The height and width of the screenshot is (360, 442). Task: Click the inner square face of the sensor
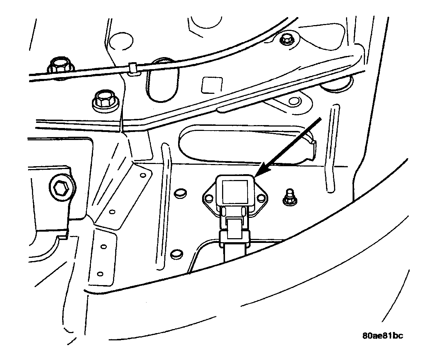click(x=234, y=192)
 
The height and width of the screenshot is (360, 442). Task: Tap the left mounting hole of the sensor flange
click(x=209, y=198)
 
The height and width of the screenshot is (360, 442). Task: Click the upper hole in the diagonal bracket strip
click(x=143, y=176)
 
